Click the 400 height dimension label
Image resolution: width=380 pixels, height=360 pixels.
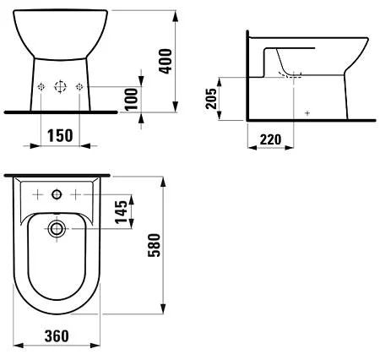(x=166, y=62)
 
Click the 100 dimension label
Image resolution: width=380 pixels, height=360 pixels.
(x=131, y=99)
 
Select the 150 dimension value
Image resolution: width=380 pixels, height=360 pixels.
(x=60, y=136)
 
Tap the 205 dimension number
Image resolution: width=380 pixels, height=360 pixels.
(x=211, y=99)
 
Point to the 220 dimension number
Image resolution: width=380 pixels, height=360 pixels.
(x=270, y=139)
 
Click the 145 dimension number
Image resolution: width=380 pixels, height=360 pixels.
(x=122, y=212)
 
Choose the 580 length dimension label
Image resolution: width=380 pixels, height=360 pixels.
(x=154, y=245)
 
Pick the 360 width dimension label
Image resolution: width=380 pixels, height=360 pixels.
(x=57, y=336)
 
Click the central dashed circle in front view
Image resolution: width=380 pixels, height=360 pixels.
(x=60, y=86)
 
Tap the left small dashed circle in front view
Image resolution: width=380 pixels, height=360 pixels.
(x=41, y=87)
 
